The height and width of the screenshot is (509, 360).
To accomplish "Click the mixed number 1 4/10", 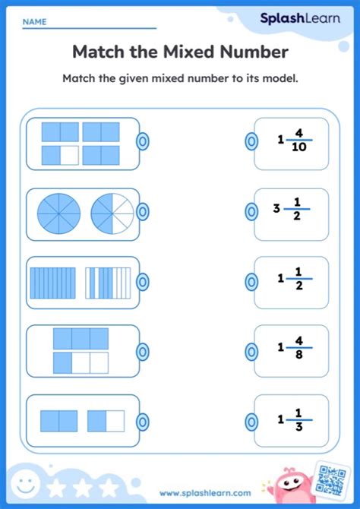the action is click(295, 141).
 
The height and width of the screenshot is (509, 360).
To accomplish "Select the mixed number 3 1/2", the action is click(292, 209).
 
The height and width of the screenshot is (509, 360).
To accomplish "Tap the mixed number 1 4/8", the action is click(295, 348).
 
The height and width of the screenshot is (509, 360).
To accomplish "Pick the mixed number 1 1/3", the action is click(295, 420).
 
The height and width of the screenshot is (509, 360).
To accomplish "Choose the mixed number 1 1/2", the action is click(295, 279).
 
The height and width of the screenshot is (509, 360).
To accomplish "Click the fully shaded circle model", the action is click(58, 214).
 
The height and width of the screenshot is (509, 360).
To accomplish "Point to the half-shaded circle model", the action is click(112, 214).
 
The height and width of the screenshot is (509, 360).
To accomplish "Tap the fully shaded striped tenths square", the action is click(52, 283).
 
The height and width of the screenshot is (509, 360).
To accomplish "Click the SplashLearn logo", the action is click(300, 18).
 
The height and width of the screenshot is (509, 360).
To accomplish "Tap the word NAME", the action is click(34, 22).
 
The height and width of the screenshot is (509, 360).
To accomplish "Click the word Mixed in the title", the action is click(190, 52).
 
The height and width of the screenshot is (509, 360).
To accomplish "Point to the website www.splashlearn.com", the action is click(205, 493).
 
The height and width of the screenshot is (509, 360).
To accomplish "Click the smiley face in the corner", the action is click(25, 485).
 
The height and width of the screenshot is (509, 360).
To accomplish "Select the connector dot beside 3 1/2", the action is click(251, 212).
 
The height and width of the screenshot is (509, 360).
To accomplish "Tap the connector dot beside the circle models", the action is click(143, 212).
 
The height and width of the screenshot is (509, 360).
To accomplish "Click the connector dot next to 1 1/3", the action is click(251, 422).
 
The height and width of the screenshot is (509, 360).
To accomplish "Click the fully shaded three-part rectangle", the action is click(81, 339).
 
